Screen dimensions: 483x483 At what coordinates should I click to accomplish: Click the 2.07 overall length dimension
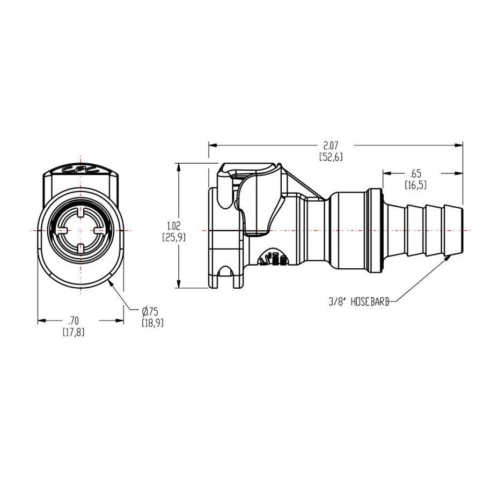pyautogui.click(x=331, y=151)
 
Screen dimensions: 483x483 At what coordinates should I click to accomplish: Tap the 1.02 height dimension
pyautogui.click(x=174, y=232)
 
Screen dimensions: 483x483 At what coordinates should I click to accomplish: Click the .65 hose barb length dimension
pyautogui.click(x=415, y=179)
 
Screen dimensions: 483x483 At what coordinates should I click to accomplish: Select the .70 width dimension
pyautogui.click(x=74, y=326)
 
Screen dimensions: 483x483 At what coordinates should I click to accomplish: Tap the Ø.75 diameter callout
pyautogui.click(x=152, y=317)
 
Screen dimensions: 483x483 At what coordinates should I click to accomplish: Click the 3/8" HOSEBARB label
pyautogui.click(x=359, y=302)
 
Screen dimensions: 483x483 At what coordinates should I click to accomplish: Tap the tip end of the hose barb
pyautogui.click(x=462, y=230)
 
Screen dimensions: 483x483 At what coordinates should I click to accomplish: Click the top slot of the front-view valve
pyautogui.click(x=80, y=213)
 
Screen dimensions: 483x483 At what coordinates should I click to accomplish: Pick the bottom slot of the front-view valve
pyautogui.click(x=80, y=247)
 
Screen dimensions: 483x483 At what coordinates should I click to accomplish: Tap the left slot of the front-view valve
pyautogui.click(x=63, y=230)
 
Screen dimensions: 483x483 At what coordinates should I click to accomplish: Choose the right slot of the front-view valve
pyautogui.click(x=99, y=230)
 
